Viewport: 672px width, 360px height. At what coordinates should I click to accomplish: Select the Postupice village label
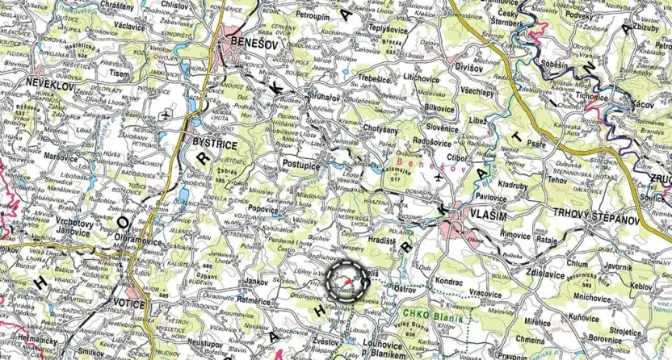304,163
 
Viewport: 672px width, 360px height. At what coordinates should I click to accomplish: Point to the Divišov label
470,67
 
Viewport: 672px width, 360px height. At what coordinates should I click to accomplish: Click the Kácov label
644,105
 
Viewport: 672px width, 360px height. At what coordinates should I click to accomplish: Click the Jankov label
256,281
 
